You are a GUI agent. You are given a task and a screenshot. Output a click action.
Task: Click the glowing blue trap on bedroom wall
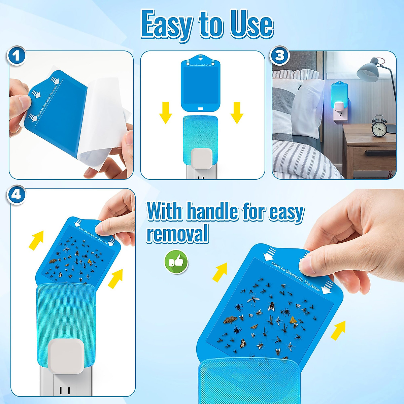point(339,95)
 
